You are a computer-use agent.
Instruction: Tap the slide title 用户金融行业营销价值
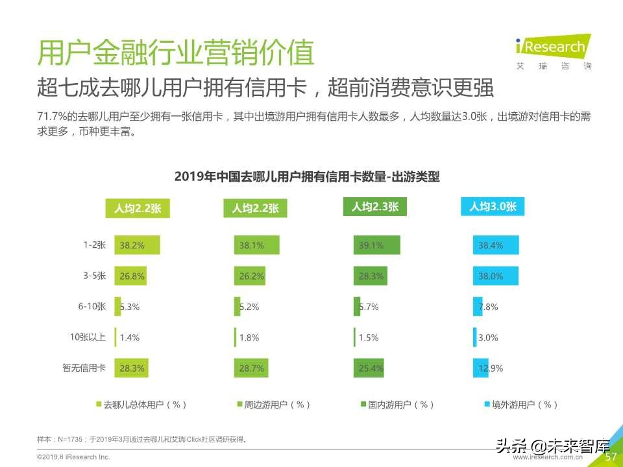tap(175, 53)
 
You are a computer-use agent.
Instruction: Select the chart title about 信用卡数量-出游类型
tap(307, 177)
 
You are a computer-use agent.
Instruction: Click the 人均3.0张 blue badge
tap(493, 207)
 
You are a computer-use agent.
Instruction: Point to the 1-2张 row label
tap(94, 245)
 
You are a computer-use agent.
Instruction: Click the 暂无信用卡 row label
tap(84, 368)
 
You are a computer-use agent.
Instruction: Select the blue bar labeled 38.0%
tap(497, 276)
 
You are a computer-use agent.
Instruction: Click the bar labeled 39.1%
tap(376, 245)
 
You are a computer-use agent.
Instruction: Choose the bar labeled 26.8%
tap(130, 276)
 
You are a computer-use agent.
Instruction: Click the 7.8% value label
tap(488, 307)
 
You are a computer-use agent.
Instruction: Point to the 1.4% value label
tap(129, 337)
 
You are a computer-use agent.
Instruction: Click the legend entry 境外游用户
tap(520, 404)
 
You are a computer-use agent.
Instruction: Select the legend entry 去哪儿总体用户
tap(141, 404)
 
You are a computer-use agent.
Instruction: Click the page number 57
tap(611, 457)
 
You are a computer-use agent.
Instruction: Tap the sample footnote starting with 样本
tap(141, 439)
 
